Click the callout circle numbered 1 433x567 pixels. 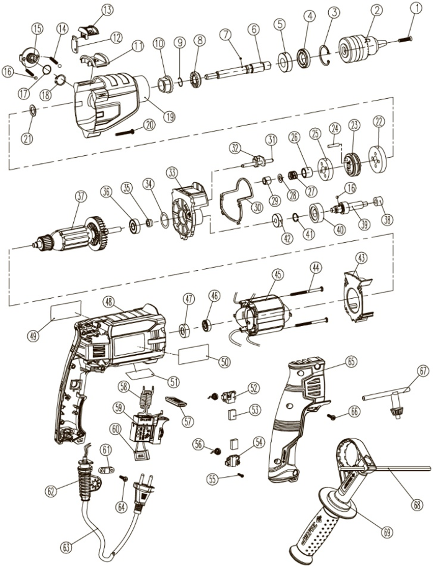[x=417, y=8]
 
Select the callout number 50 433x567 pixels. [x=224, y=361]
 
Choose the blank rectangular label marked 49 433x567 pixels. [x=66, y=308]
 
